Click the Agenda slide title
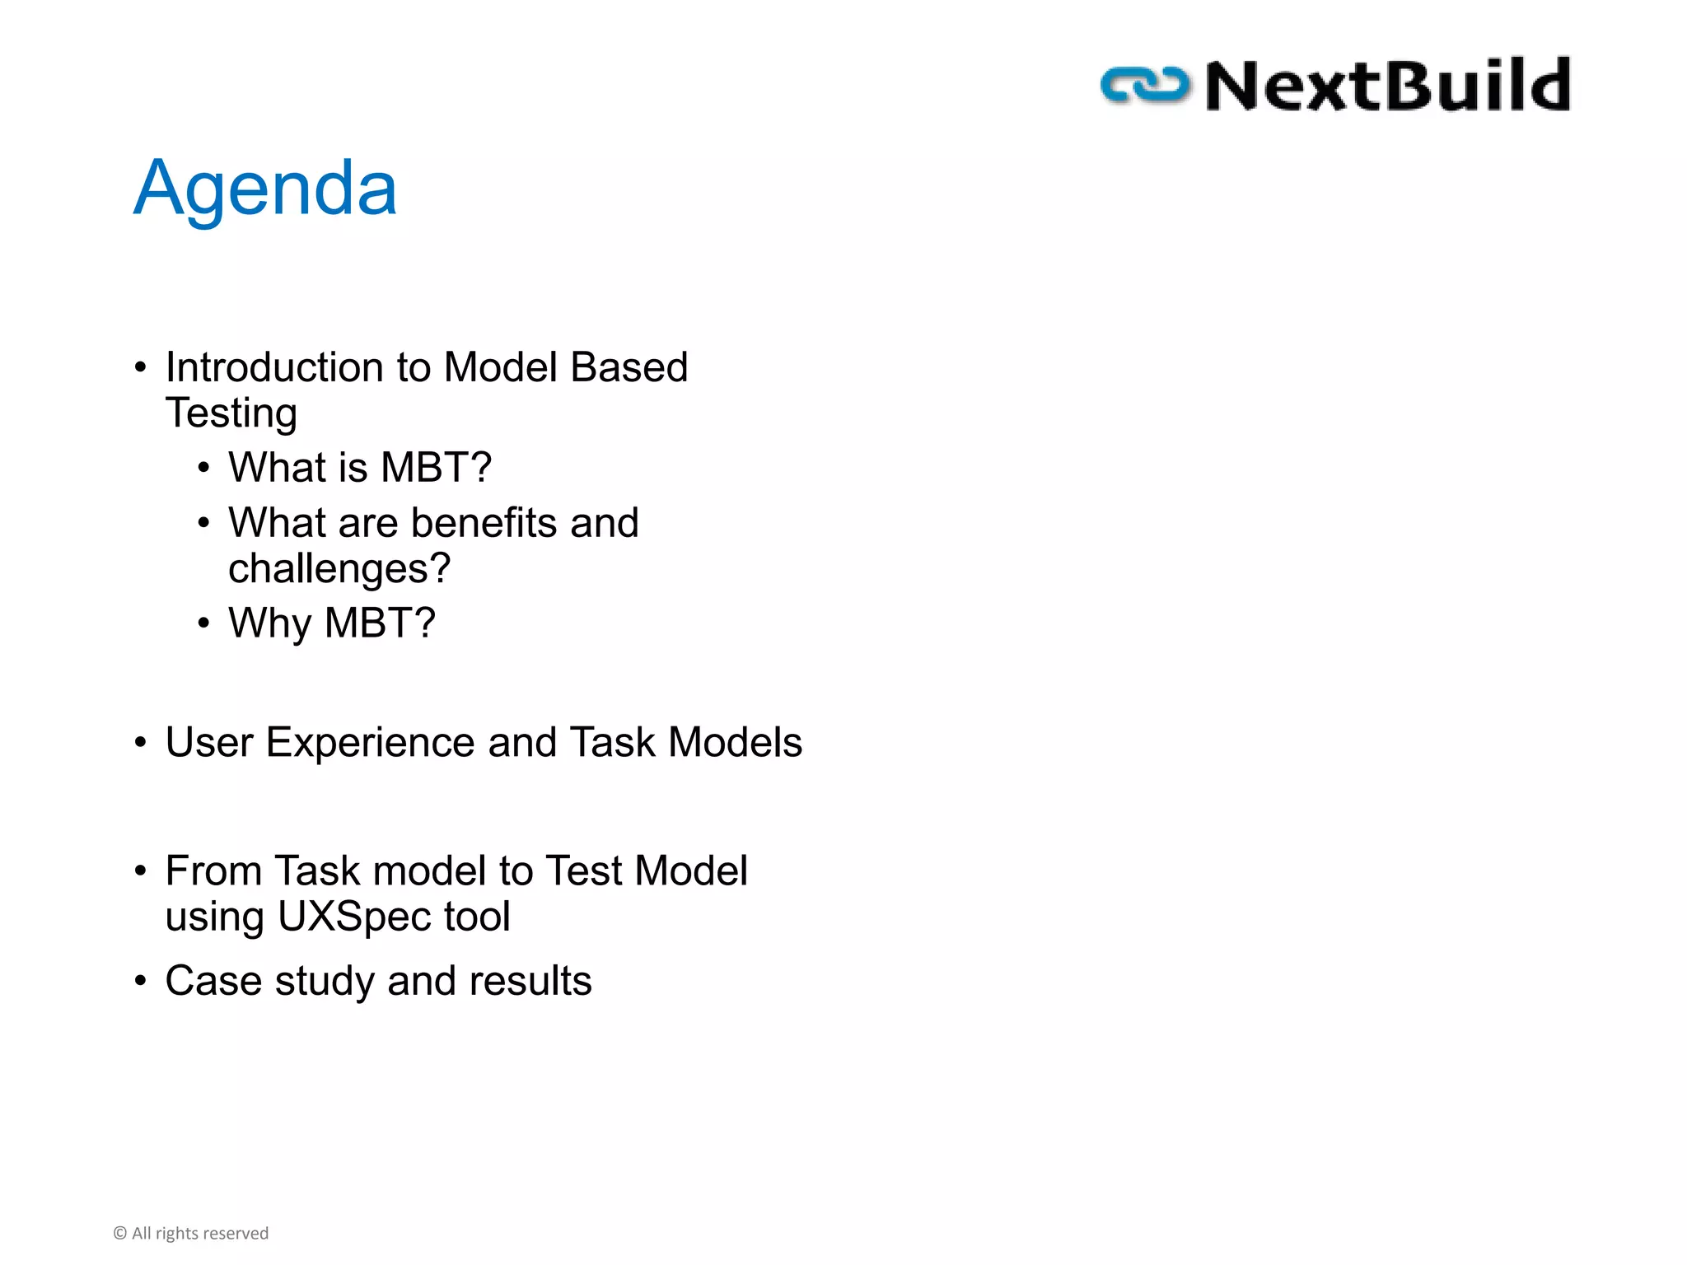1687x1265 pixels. click(265, 189)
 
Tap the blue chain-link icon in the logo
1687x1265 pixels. click(1145, 86)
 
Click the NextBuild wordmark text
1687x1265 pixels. click(1388, 86)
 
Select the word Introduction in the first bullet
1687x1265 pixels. click(274, 367)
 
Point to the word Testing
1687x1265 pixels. click(231, 413)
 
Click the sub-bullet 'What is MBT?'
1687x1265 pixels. click(359, 468)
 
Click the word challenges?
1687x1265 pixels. click(339, 569)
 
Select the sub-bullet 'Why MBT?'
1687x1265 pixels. click(331, 623)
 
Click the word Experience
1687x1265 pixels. click(371, 743)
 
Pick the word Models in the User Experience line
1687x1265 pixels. click(735, 743)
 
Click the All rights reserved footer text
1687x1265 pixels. click(200, 1233)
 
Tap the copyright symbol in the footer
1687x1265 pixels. click(120, 1233)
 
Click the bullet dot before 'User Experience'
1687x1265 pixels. click(141, 743)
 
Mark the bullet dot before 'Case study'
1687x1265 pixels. click(141, 981)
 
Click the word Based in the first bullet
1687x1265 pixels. click(629, 367)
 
